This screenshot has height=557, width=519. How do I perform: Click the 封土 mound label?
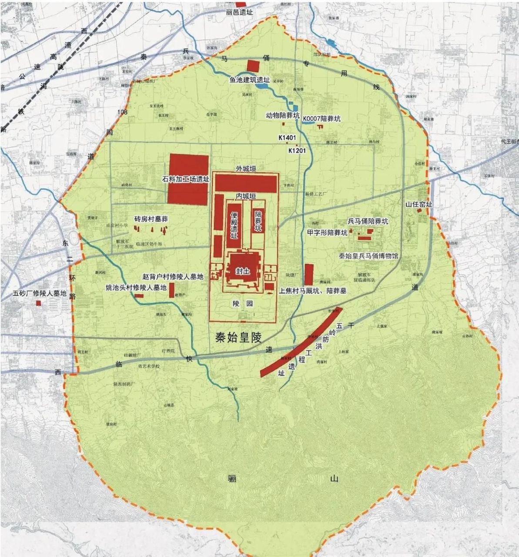243,271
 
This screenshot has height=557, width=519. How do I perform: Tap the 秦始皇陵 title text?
239,337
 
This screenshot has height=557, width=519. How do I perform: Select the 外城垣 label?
246,168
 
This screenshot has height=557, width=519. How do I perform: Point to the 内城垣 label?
246,196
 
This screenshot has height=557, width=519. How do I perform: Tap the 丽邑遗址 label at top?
239,13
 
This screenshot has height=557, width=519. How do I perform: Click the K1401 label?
287,138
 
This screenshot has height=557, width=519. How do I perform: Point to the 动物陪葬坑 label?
283,116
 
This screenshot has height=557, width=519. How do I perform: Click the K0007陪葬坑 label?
322,118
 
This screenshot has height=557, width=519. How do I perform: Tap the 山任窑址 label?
419,204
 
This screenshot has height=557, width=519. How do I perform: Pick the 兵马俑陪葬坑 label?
368,221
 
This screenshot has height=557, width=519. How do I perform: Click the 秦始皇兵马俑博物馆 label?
368,256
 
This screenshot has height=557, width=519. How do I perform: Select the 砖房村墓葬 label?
151,219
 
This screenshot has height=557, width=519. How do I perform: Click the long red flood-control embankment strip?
301,342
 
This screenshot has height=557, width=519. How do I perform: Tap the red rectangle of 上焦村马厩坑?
309,274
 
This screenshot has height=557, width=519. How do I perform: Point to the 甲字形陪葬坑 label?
327,233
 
